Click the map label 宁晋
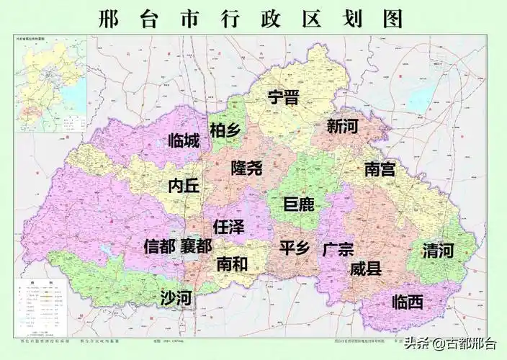point(283,98)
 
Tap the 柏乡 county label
point(225,130)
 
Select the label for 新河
point(342,127)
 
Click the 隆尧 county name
point(247,168)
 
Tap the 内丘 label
point(183,186)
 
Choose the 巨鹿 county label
point(299,204)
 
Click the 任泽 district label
point(229,227)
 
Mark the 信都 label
point(159,246)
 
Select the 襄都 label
point(196,246)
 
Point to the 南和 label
point(232,264)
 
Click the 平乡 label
point(295,248)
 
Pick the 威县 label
point(365,269)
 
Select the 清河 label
point(438,251)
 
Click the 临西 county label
point(408,302)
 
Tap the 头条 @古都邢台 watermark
point(450,343)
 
